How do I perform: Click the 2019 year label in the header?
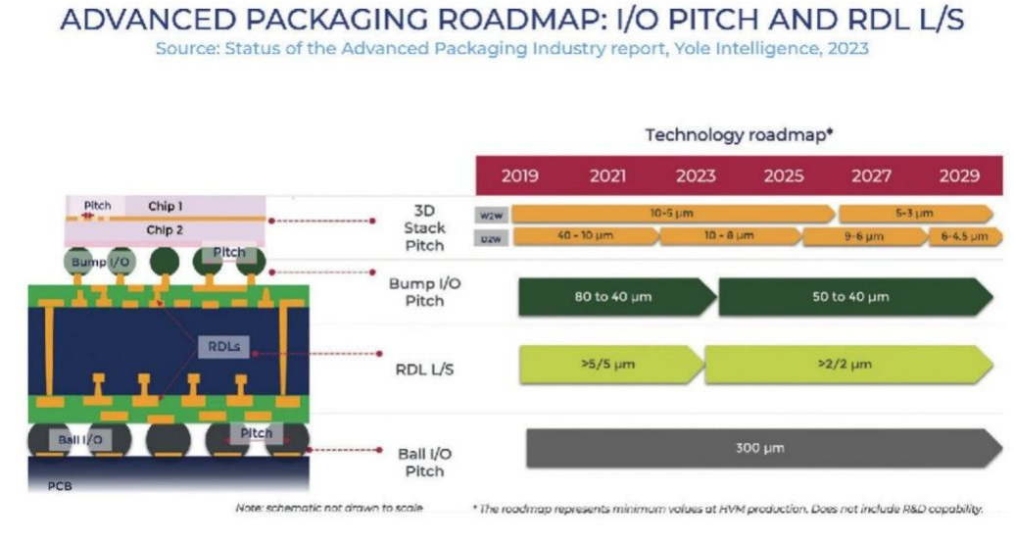pos(519,176)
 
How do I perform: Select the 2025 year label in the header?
pos(784,176)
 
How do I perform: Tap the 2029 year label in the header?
pos(959,176)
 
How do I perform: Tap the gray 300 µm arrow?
pos(760,448)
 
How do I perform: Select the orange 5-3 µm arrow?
pos(915,213)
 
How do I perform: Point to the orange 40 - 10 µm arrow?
pos(584,236)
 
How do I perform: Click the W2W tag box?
pos(490,214)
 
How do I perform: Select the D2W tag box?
pos(490,237)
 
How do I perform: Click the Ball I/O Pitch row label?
pos(423,462)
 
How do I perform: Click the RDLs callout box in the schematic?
pos(225,346)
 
